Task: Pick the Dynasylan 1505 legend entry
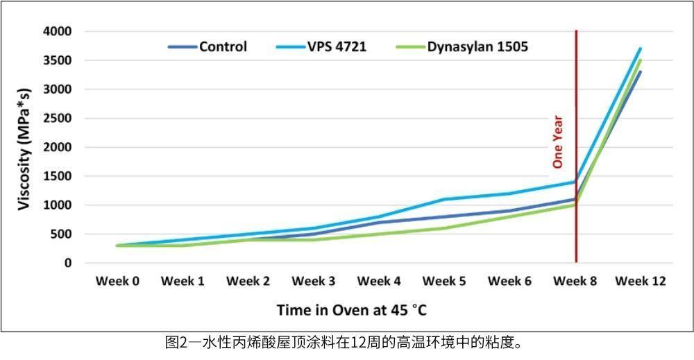[477, 47]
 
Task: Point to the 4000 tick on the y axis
[57, 31]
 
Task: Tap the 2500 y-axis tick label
[57, 119]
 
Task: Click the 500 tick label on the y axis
[62, 234]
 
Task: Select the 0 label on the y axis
[68, 264]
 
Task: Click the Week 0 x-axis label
[117, 282]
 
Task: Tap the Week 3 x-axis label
[314, 282]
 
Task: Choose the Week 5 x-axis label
[444, 282]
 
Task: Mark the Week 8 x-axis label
[575, 282]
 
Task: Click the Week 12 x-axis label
[641, 282]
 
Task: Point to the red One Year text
[557, 142]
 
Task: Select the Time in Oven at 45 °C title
[357, 309]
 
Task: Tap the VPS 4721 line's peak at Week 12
[641, 49]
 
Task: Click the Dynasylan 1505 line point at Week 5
[444, 228]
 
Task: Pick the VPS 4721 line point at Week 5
[444, 200]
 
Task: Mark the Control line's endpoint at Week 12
[641, 71]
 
